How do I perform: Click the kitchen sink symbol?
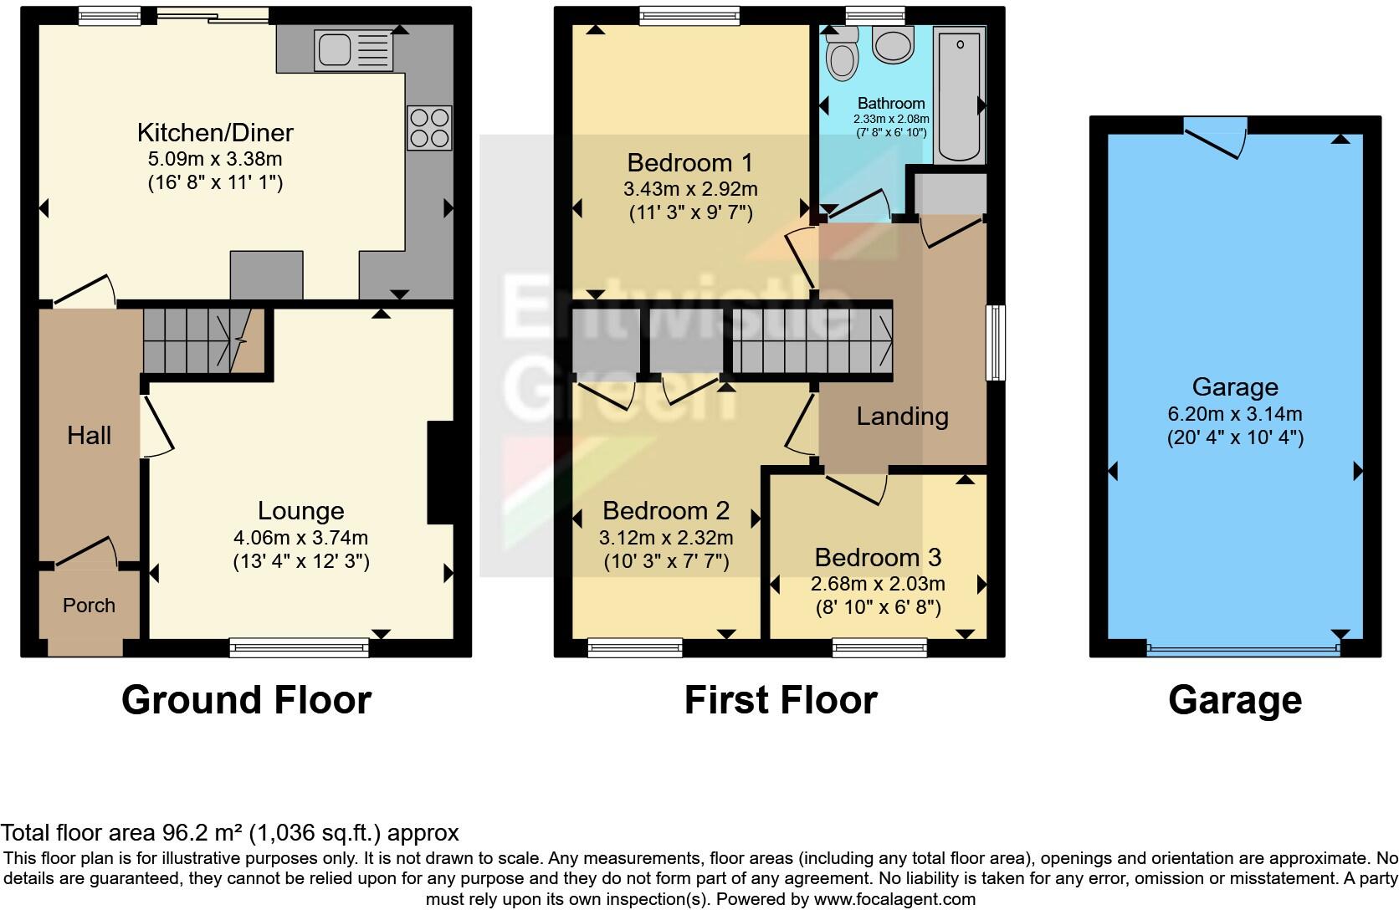coord(352,49)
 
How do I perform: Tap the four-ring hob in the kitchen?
coord(429,128)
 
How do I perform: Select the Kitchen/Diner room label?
coord(215,132)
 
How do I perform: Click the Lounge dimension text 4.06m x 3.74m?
coord(300,538)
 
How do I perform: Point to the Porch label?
coord(89,605)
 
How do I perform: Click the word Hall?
coord(89,435)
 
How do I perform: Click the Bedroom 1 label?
coord(689,161)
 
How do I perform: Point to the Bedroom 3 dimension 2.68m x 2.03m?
coord(878,584)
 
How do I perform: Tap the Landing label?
coord(902,417)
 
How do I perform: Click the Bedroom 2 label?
coord(665,510)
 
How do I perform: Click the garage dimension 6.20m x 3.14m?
coord(1235,414)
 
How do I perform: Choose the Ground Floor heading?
coord(246,700)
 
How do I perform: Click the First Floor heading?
coord(780,700)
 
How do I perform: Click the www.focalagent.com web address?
coord(894,900)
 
